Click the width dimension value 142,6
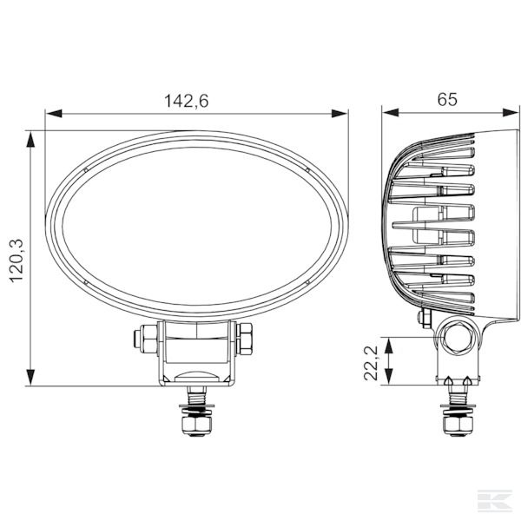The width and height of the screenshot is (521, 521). [x=187, y=101]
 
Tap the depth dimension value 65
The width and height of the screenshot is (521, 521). [x=447, y=99]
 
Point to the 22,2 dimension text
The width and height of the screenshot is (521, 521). [x=371, y=361]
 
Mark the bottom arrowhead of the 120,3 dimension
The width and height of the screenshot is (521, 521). [x=33, y=379]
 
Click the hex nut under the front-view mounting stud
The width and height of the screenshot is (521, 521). [x=195, y=426]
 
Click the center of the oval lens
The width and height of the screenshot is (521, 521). [x=197, y=228]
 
